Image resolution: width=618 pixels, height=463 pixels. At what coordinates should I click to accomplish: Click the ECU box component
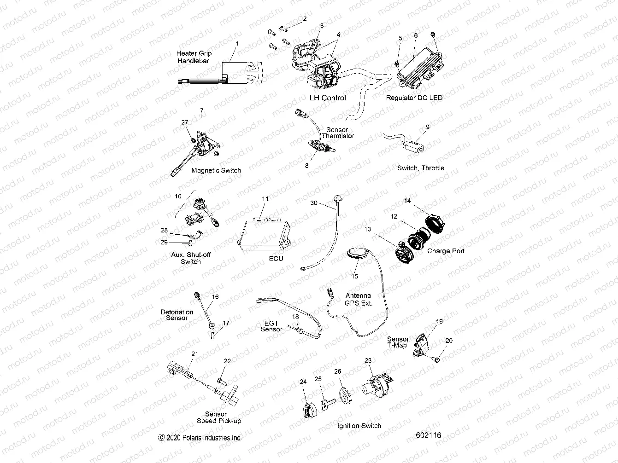(x=263, y=234)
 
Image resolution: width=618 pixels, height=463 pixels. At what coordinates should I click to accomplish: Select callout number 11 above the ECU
(x=265, y=199)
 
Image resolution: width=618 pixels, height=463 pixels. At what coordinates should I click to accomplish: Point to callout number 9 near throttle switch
(x=427, y=127)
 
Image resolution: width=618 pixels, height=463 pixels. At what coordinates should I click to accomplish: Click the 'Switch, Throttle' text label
(x=420, y=168)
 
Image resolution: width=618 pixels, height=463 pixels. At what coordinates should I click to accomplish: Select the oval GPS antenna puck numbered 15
(x=357, y=254)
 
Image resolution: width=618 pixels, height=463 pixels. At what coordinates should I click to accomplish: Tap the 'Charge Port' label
(x=445, y=251)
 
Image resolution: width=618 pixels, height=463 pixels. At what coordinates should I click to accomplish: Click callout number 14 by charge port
(x=407, y=201)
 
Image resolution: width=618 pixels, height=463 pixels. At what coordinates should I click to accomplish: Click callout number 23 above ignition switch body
(x=368, y=361)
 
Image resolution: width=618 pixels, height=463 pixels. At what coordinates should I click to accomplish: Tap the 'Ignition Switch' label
(x=359, y=426)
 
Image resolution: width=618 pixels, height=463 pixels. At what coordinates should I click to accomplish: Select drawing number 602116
(x=428, y=435)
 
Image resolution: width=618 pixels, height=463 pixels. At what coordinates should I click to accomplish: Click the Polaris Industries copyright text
(x=200, y=438)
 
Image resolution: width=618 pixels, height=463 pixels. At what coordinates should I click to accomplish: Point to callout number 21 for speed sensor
(x=194, y=353)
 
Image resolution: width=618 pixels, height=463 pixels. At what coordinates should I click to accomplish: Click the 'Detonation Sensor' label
(x=177, y=315)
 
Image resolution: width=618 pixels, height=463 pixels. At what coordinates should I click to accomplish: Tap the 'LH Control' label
(x=328, y=98)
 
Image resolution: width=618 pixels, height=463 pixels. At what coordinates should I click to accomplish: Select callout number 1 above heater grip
(x=237, y=43)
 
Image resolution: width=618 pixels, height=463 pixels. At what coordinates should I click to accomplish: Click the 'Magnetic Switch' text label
(x=216, y=170)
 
